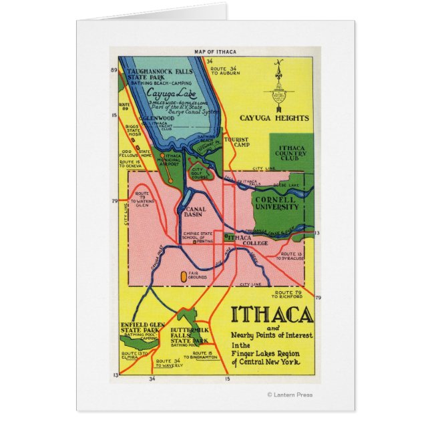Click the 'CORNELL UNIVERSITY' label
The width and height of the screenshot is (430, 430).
(276, 203)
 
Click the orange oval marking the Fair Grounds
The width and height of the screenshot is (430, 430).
(184, 274)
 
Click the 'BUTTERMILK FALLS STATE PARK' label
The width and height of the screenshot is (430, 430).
(189, 335)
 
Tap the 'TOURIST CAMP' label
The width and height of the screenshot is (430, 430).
(236, 142)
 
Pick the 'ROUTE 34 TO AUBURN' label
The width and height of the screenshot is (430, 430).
(224, 71)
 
